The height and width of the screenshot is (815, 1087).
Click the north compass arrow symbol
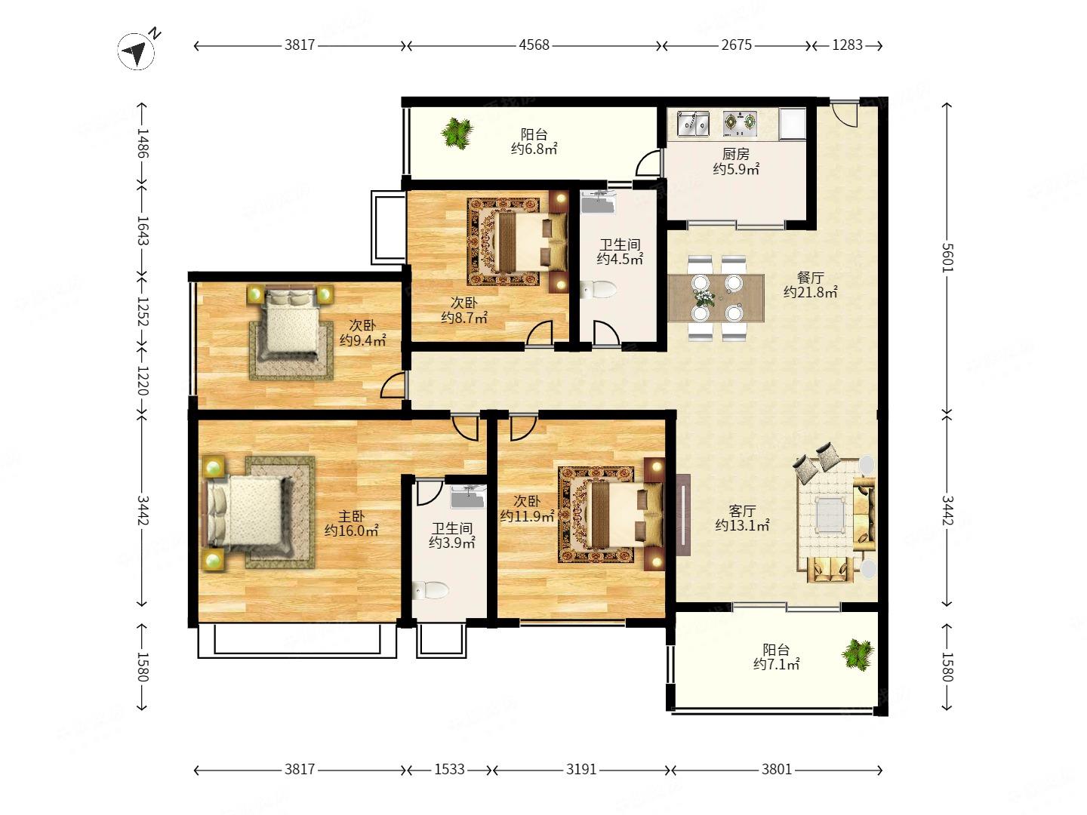tap(136, 51)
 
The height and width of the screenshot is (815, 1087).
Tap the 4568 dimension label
tap(534, 45)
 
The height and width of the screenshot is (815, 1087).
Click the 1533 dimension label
tap(449, 770)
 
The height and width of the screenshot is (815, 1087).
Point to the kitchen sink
tap(693, 123)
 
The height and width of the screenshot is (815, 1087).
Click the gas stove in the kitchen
tap(740, 123)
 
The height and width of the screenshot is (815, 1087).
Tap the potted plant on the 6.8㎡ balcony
tap(457, 133)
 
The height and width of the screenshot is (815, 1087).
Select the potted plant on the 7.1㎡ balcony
tap(858, 655)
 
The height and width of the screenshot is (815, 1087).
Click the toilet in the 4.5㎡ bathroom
tap(598, 290)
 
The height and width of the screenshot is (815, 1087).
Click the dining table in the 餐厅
tap(716, 298)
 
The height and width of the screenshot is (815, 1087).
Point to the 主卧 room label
tap(351, 517)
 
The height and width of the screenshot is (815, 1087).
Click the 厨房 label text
tap(735, 154)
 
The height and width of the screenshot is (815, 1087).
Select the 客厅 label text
tap(742, 511)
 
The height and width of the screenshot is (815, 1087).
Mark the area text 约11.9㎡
tap(527, 516)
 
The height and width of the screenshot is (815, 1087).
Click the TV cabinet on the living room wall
tap(683, 515)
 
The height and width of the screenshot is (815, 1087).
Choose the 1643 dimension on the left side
tap(143, 230)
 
